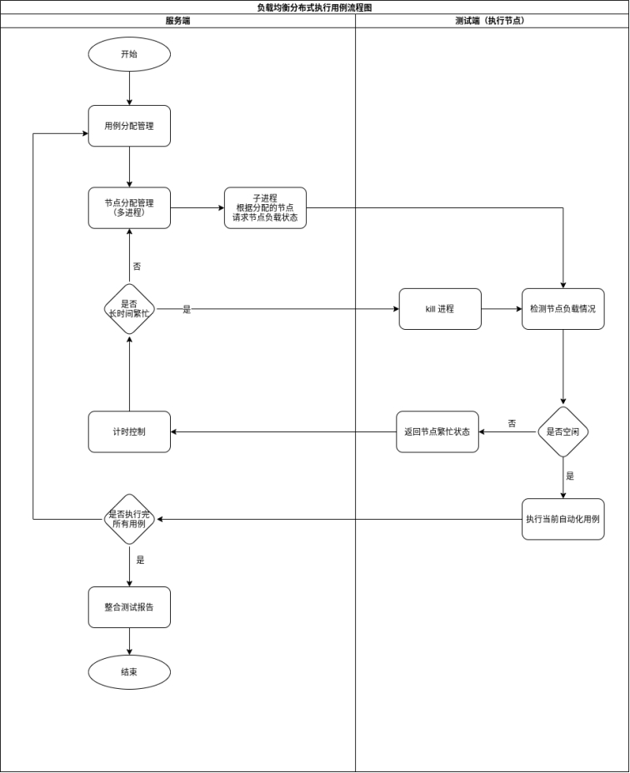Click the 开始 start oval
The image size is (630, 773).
coord(129,54)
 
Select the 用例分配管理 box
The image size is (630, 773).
coord(129,126)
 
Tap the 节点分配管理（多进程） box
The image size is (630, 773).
coord(129,207)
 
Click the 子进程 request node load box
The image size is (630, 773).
coord(265,207)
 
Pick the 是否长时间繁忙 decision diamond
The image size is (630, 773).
coord(129,309)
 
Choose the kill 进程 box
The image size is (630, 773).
coord(440,309)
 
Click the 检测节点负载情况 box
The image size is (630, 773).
coord(563,309)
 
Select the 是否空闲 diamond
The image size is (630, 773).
coord(563,431)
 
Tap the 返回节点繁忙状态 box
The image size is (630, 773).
coord(437,431)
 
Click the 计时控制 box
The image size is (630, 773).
coord(129,431)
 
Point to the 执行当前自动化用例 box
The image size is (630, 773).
coord(563,519)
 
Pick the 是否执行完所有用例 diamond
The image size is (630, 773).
coord(129,519)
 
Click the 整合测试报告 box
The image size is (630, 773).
coord(129,607)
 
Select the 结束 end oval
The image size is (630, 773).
coord(129,672)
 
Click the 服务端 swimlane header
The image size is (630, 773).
coord(177,21)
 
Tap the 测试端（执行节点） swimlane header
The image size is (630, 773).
coord(492,21)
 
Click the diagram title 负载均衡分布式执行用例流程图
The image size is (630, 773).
coord(314,7)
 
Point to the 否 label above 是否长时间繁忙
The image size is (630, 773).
coord(137,267)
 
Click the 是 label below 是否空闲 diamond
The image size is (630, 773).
coord(570,476)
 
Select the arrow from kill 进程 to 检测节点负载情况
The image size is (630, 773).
coord(502,309)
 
